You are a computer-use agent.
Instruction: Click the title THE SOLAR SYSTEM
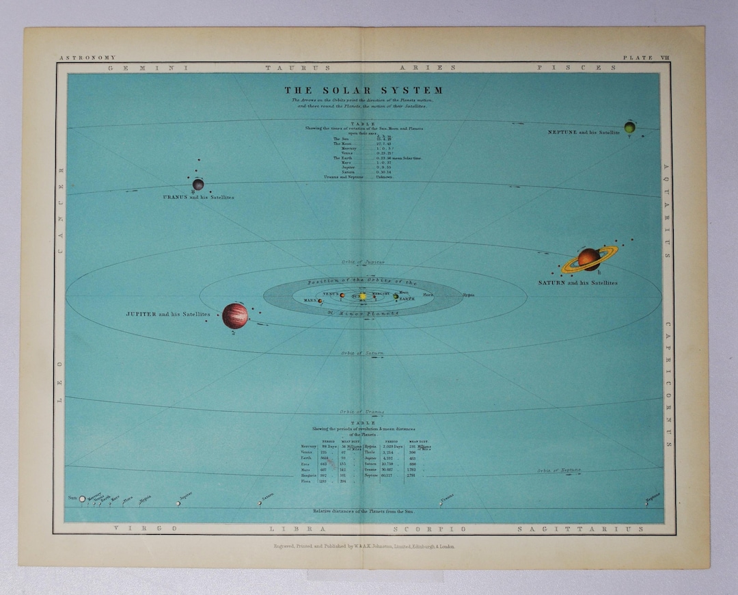(x=364, y=90)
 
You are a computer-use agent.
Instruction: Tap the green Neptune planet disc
(x=629, y=127)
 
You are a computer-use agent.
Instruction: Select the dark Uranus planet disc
(x=198, y=184)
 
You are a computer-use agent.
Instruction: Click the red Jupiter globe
(x=235, y=315)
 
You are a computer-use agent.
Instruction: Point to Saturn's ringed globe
(x=588, y=259)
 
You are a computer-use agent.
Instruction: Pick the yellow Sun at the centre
(x=363, y=297)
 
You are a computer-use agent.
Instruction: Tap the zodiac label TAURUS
(x=297, y=68)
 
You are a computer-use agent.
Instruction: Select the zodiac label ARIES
(x=427, y=68)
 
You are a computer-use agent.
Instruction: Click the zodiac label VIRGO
(x=145, y=529)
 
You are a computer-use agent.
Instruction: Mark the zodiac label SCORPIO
(x=430, y=529)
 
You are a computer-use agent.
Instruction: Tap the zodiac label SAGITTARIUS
(x=580, y=529)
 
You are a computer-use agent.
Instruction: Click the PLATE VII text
(x=646, y=58)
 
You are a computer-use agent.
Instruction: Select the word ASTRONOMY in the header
(x=87, y=58)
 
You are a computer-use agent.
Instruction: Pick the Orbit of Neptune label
(x=558, y=471)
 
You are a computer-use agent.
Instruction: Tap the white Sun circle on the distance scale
(x=83, y=499)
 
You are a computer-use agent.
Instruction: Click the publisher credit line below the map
(x=364, y=546)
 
